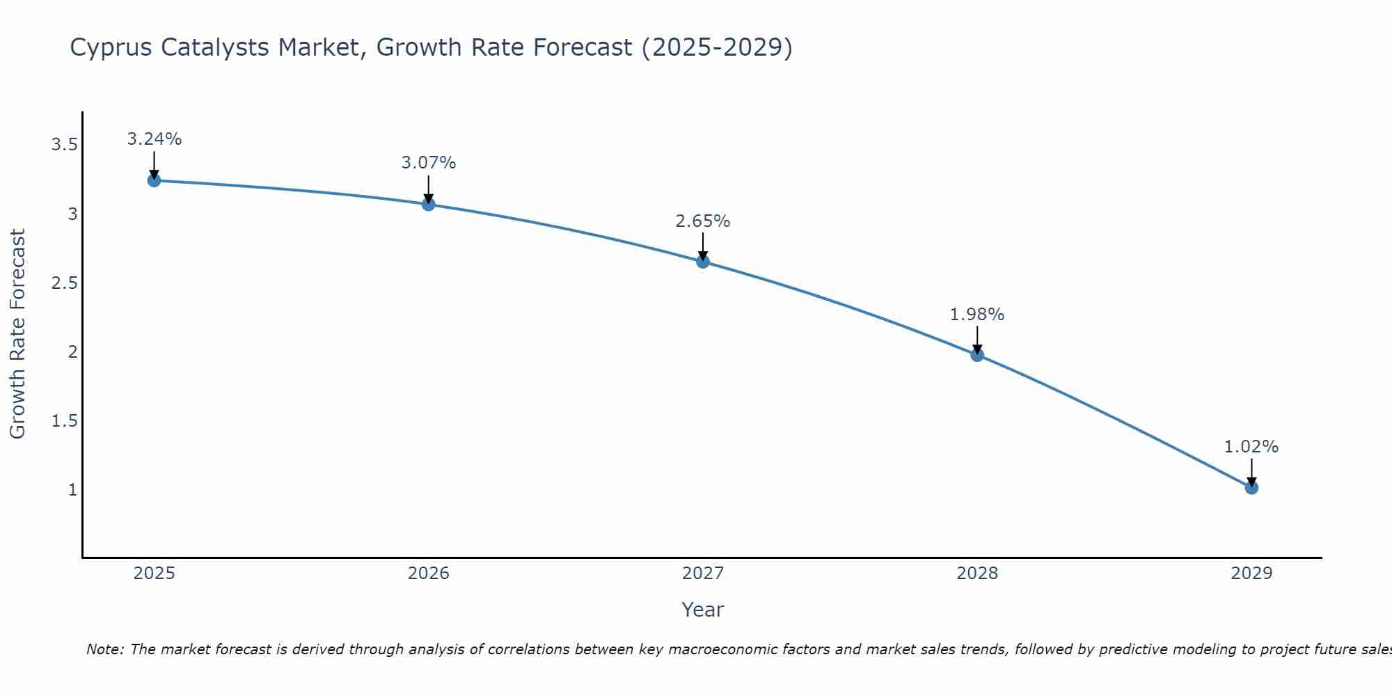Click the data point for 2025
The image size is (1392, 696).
(154, 180)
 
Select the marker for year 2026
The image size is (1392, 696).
(428, 204)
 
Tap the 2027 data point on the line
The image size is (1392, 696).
(702, 262)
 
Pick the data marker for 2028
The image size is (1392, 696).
(977, 355)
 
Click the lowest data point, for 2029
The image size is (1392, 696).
(1251, 487)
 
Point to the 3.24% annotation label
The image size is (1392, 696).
(154, 139)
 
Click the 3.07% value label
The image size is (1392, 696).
(428, 163)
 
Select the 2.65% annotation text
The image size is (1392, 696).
(702, 221)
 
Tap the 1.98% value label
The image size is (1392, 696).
(977, 315)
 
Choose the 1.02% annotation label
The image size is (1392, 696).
(1251, 447)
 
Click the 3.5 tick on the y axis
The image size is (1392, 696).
(64, 145)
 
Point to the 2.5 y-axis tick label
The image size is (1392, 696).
(64, 283)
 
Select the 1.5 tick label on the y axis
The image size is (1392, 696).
(64, 421)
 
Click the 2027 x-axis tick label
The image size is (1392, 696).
(702, 574)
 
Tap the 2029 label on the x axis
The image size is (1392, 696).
(1251, 574)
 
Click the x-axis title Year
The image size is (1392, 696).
(702, 610)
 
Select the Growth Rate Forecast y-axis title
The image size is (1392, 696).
(18, 334)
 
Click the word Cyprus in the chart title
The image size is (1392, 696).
(111, 48)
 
